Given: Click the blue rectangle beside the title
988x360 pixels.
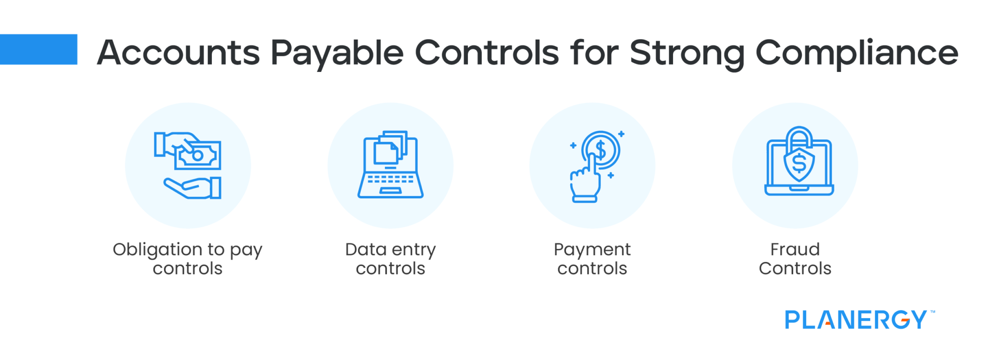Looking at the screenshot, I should [39, 49].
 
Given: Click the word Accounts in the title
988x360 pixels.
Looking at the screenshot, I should [178, 53].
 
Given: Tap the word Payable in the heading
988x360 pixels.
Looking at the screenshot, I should [337, 53].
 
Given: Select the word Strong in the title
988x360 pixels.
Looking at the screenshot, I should [686, 53].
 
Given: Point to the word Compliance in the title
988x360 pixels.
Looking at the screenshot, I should [857, 53].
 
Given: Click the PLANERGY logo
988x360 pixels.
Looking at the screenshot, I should [857, 320].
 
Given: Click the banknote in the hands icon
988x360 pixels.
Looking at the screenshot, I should [198, 155].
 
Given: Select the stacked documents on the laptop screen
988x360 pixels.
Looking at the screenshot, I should [390, 148].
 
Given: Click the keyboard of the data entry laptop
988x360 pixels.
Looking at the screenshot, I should [390, 179].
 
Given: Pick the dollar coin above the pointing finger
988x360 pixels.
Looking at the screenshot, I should [601, 150].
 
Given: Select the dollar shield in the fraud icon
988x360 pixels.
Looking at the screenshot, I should [799, 164].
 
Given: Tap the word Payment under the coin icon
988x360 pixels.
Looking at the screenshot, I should [592, 250].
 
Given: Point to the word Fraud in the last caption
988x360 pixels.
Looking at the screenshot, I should [795, 249].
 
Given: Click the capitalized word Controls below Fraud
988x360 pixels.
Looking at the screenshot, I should [795, 268].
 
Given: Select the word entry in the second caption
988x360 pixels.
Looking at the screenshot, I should [413, 250].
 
